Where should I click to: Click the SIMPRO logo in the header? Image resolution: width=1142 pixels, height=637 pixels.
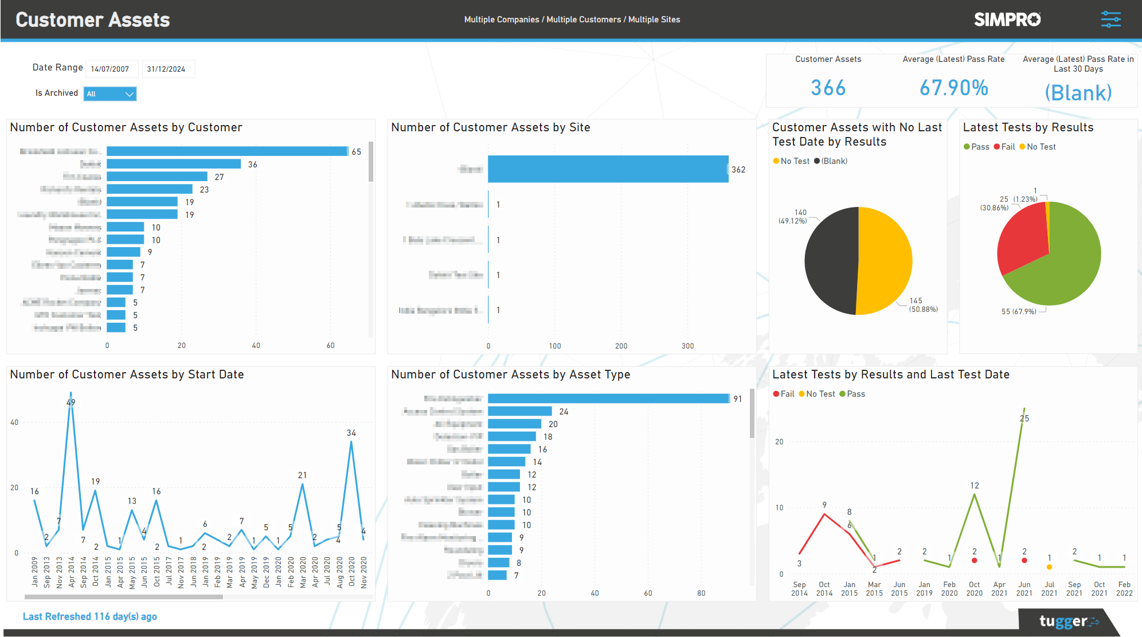(1007, 19)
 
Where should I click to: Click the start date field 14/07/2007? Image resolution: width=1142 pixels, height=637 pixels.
(111, 69)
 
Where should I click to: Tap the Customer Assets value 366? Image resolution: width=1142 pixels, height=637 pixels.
(828, 88)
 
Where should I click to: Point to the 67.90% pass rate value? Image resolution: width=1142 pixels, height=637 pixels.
(953, 88)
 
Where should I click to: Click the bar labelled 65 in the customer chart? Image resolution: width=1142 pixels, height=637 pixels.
(227, 151)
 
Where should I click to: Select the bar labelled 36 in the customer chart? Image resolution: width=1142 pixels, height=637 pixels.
(173, 164)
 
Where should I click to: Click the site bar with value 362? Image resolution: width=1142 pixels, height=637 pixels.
(608, 169)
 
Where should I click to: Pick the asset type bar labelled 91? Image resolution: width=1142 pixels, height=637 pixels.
(608, 398)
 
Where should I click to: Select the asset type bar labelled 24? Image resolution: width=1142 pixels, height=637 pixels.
(519, 411)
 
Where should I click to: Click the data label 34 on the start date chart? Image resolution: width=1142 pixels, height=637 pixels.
(351, 433)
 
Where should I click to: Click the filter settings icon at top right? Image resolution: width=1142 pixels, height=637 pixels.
(1110, 19)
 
